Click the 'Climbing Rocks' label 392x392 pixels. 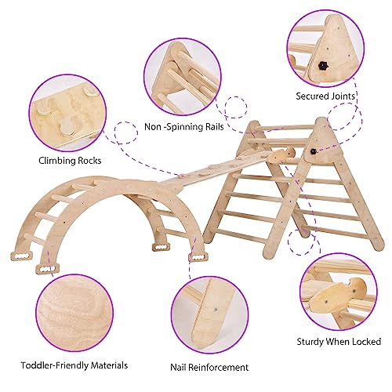pyautogui.click(x=70, y=161)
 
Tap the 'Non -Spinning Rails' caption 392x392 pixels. pyautogui.click(x=184, y=127)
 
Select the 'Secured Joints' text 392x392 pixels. pyautogui.click(x=325, y=96)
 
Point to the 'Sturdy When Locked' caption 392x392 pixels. pyautogui.click(x=339, y=342)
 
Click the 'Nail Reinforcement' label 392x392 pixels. pyautogui.click(x=209, y=367)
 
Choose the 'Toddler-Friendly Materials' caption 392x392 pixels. pyautogui.click(x=74, y=365)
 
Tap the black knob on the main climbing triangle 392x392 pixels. pyautogui.click(x=313, y=151)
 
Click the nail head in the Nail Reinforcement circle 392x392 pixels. pyautogui.click(x=216, y=310)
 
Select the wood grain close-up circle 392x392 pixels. pyautogui.click(x=74, y=313)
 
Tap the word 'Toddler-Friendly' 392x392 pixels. pyautogui.click(x=55, y=365)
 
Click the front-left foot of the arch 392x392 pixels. pyautogui.click(x=47, y=269)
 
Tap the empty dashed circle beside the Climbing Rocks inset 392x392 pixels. pyautogui.click(x=126, y=132)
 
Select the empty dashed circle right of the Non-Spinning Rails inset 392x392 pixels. pyautogui.click(x=236, y=107)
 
